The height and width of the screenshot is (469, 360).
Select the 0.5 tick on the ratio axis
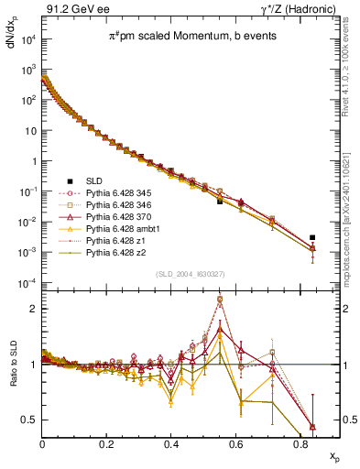(32, 420)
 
